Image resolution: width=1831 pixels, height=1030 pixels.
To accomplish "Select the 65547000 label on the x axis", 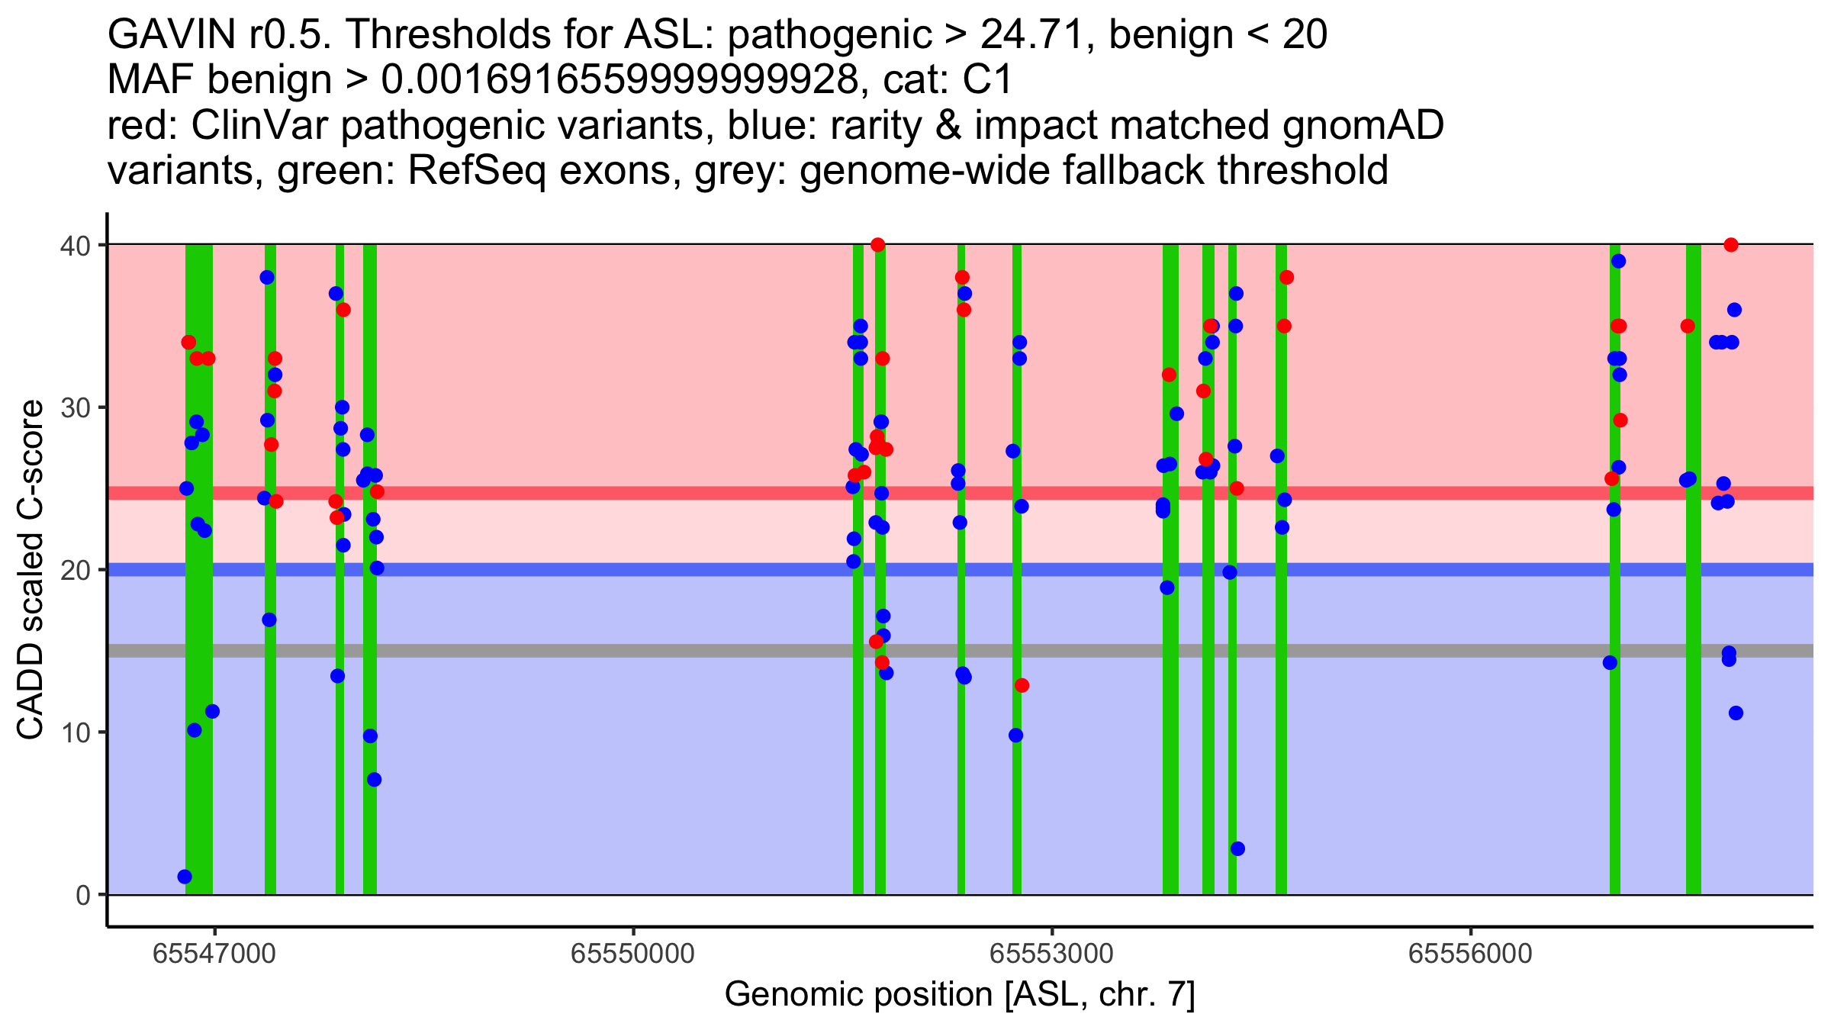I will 214,954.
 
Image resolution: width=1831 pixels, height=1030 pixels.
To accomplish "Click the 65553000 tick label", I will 1052,954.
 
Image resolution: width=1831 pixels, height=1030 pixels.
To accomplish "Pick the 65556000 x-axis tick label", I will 1470,954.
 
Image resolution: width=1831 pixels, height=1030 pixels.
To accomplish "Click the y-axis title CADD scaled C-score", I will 31,570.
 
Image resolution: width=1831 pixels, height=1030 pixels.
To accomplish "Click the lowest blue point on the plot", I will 185,877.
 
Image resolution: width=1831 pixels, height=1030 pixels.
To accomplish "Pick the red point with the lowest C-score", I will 1022,685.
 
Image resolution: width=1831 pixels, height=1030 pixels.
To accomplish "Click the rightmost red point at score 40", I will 1731,245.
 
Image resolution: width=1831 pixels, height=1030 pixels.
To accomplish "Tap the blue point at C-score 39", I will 1618,261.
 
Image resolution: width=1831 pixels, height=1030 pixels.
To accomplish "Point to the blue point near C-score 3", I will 1237,848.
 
